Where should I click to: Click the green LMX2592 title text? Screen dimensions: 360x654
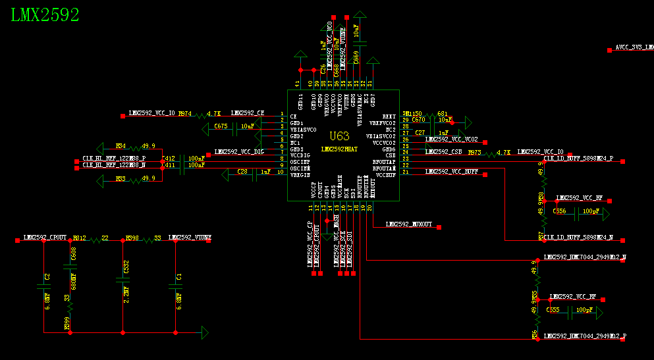[x=45, y=16]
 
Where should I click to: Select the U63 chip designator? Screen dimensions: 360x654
[x=339, y=136]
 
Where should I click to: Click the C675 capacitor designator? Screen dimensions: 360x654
[x=221, y=126]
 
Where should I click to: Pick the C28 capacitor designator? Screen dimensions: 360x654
[x=242, y=172]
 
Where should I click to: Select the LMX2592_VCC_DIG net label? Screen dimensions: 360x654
[x=239, y=152]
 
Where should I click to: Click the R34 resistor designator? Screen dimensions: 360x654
[x=121, y=145]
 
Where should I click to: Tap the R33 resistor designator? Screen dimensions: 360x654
[x=121, y=178]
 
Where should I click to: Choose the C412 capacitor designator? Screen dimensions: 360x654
[x=169, y=159]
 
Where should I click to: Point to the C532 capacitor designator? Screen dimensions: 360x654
[x=126, y=267]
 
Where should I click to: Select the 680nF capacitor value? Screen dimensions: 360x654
[x=74, y=281]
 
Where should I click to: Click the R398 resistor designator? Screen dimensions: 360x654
[x=132, y=238]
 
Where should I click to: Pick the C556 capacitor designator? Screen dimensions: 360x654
[x=559, y=211]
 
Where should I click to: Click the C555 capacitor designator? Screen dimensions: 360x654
[x=553, y=310]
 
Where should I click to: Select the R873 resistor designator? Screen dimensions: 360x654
[x=474, y=152]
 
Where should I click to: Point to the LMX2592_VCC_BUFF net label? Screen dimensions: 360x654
[x=452, y=172]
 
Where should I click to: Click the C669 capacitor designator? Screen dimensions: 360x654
[x=356, y=58]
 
